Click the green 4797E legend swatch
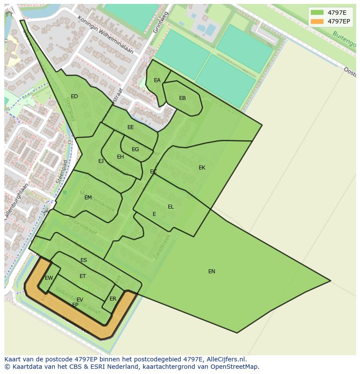point(317,13)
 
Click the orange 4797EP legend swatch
point(317,21)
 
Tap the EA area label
point(157,80)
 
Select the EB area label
point(182,98)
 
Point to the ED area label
point(74,96)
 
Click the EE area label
point(130,127)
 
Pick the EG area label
point(135,149)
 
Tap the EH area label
point(120,157)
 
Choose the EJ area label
point(101,161)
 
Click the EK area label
point(202,168)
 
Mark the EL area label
point(170,207)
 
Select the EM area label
point(88,198)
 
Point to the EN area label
point(212,271)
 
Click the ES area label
point(83,260)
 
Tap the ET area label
point(83,276)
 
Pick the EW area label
point(49,278)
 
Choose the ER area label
point(113,299)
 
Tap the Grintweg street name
point(160,22)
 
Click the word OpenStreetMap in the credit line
point(236,367)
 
